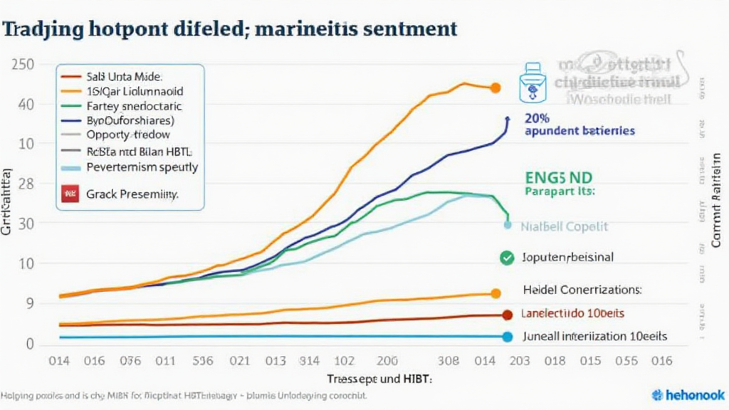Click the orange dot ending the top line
495,88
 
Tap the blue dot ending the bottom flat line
507,337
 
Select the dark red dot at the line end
507,315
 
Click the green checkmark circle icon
507,258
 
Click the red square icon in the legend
70,193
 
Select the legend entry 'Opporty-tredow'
128,134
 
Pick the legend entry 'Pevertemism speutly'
142,168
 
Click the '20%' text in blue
539,117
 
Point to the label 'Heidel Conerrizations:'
582,290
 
